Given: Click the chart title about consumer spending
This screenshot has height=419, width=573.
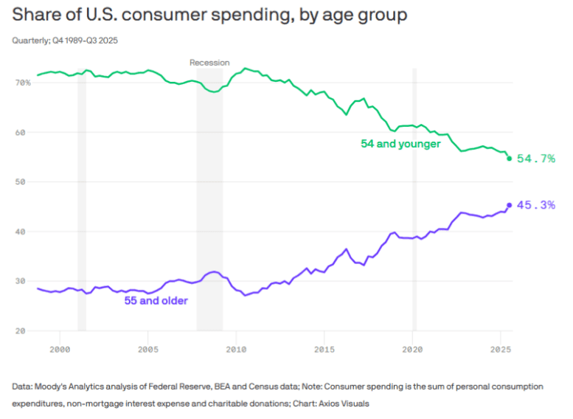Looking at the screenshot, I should (209, 15).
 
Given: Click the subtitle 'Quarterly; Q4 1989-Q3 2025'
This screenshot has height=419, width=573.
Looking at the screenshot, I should (65, 40).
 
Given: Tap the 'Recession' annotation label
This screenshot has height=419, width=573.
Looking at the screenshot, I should (209, 63).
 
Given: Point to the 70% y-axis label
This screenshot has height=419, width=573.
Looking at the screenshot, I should (22, 83).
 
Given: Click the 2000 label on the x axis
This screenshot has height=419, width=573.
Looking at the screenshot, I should (60, 347).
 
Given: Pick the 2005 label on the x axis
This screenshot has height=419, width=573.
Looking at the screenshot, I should (148, 347).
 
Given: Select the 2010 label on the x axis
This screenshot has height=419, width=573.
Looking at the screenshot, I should (236, 347).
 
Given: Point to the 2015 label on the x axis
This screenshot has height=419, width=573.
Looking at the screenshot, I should (324, 347).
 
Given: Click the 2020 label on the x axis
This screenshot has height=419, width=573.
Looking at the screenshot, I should (412, 347).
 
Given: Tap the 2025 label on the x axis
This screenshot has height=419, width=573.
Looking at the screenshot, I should (500, 347).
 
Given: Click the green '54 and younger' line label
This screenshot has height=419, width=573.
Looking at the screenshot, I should (400, 144).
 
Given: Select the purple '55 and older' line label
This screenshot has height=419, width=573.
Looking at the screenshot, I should (156, 300).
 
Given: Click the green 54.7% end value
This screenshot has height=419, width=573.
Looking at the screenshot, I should (536, 159).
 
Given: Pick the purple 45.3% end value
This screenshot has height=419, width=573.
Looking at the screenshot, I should (536, 205).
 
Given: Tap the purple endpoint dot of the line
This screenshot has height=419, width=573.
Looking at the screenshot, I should (510, 205).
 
